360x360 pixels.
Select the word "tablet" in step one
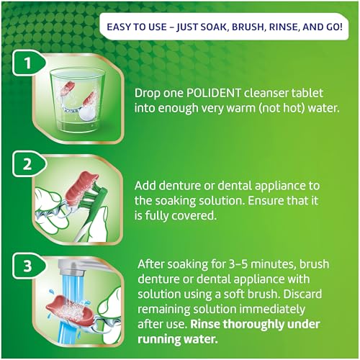click(x=312, y=94)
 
